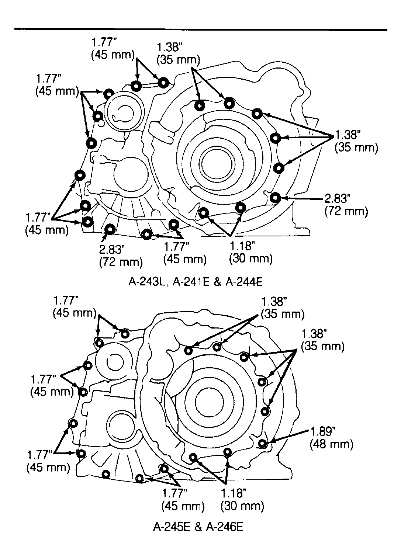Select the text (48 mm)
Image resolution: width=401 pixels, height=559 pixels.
pyautogui.click(x=331, y=444)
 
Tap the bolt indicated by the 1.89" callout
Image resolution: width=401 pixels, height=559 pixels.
pyautogui.click(x=262, y=444)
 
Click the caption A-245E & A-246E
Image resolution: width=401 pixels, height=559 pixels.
pyautogui.click(x=198, y=527)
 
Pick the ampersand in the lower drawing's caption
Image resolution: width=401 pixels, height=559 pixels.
pyautogui.click(x=198, y=527)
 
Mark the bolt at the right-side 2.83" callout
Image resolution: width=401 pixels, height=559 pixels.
pyautogui.click(x=275, y=198)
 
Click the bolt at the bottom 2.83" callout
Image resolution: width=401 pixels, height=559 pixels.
pyautogui.click(x=110, y=229)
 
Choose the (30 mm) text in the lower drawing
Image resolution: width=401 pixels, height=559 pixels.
pyautogui.click(x=242, y=506)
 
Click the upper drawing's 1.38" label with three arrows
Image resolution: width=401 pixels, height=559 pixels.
pyautogui.click(x=348, y=135)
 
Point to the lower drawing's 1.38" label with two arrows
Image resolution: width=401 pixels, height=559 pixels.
pyautogui.click(x=274, y=302)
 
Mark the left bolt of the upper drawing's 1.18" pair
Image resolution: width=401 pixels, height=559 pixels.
pyautogui.click(x=204, y=213)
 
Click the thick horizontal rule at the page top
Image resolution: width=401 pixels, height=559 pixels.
pyautogui.click(x=200, y=29)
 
